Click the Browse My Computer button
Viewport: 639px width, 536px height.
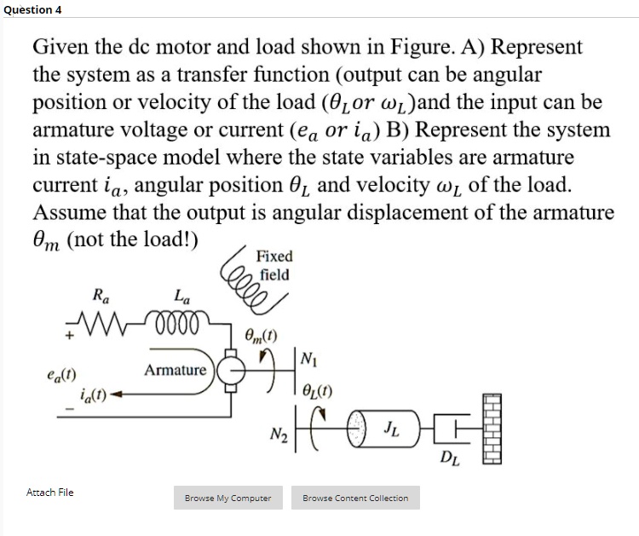tap(228, 498)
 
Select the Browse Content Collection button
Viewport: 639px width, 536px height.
tap(355, 498)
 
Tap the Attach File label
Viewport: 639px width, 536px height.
tap(50, 493)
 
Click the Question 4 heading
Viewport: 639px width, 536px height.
tap(32, 9)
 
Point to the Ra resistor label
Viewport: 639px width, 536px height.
tap(101, 297)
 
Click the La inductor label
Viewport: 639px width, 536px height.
tap(181, 297)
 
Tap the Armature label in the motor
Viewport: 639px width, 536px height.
tap(175, 370)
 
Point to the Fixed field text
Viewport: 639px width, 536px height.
tap(274, 265)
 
